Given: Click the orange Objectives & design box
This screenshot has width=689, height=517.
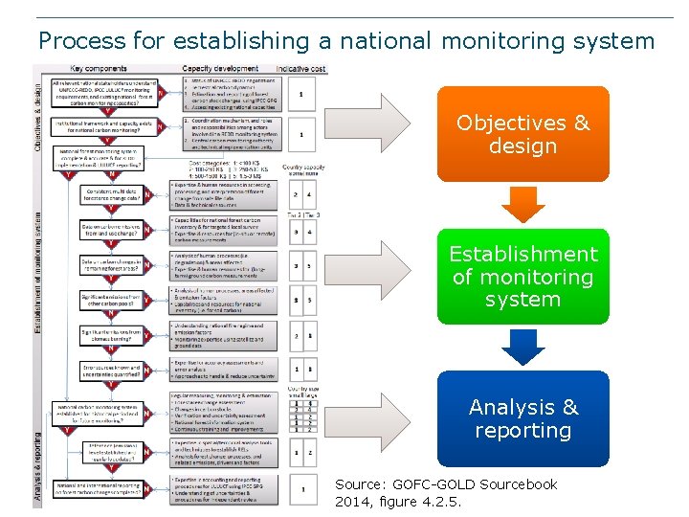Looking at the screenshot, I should pyautogui.click(x=522, y=134).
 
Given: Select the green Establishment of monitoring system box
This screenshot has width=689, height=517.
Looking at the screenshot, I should pyautogui.click(x=522, y=277).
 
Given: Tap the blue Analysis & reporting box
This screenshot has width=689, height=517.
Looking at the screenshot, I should pyautogui.click(x=522, y=418).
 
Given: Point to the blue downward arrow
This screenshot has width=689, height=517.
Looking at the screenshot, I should pyautogui.click(x=522, y=347).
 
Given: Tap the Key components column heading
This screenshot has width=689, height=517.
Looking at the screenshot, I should pyautogui.click(x=101, y=69).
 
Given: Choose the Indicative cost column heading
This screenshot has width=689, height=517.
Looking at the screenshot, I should pyautogui.click(x=300, y=69).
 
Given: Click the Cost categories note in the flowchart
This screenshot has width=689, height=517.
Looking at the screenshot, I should pyautogui.click(x=227, y=169).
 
